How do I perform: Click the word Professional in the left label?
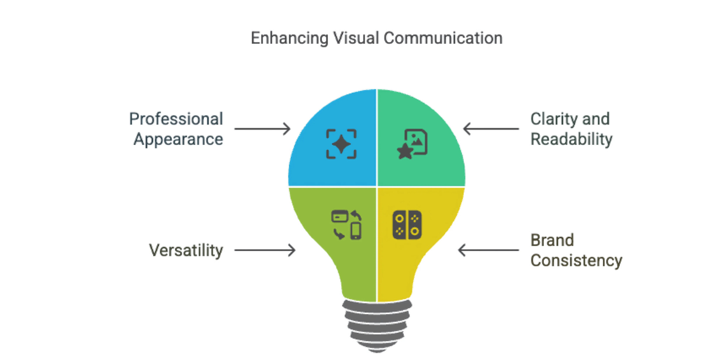pos(176,119)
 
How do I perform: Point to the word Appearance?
pos(178,140)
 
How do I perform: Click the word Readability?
pos(571,140)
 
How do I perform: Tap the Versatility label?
pos(186,250)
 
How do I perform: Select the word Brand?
pos(552,240)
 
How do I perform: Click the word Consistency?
pos(576,260)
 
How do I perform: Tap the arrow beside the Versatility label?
pos(265,250)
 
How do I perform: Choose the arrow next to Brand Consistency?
pos(488,250)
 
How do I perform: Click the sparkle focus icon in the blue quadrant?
pos(341,144)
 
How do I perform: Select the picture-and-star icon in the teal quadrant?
pos(412,144)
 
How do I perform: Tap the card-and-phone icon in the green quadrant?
pos(347,225)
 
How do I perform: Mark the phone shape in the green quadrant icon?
pos(355,231)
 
